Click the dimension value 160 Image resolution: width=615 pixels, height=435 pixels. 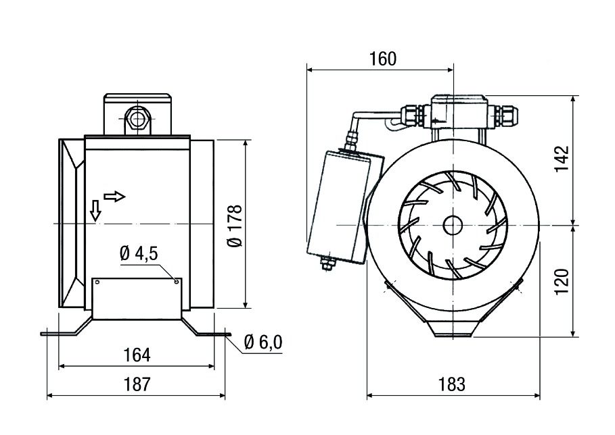[382, 59]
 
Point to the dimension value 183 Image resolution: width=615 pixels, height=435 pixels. [451, 384]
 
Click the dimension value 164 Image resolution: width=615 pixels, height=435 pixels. [137, 355]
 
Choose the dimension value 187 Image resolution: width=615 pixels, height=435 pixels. [137, 384]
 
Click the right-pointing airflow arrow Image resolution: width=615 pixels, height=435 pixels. [115, 197]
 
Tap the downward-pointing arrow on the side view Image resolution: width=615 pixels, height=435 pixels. [95, 211]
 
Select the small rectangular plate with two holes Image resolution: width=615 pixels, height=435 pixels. [137, 298]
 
